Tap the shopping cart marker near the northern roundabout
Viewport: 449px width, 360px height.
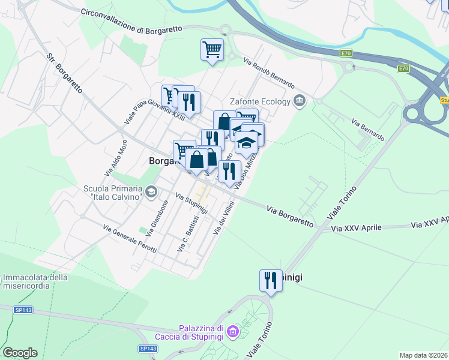pyautogui.click(x=212, y=50)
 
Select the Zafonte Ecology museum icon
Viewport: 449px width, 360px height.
pyautogui.click(x=300, y=101)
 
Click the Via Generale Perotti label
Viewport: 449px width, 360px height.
pyautogui.click(x=130, y=239)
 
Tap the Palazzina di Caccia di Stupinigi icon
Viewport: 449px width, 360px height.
pyautogui.click(x=233, y=331)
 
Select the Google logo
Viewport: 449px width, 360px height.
pyautogui.click(x=20, y=353)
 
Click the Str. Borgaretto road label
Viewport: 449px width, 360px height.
pyautogui.click(x=64, y=74)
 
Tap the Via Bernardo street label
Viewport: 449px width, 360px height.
pyautogui.click(x=368, y=130)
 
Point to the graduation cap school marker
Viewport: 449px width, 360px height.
pyautogui.click(x=247, y=142)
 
